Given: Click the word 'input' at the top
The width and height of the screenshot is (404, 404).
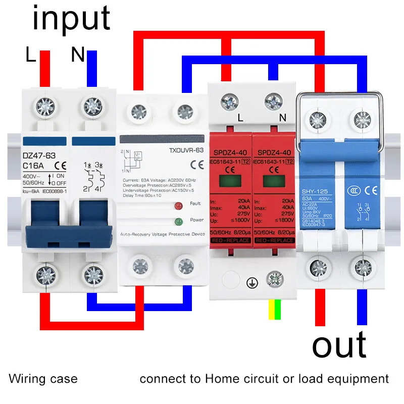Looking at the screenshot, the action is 71,19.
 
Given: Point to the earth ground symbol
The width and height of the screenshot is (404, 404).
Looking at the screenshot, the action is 251,283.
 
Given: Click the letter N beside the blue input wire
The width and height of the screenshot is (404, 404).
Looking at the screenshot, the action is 77,55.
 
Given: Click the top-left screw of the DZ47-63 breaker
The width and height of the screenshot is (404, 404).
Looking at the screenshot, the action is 45,106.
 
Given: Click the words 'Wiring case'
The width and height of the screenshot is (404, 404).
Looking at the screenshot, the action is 43,379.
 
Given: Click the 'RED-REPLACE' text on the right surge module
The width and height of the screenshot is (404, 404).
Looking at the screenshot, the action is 274,240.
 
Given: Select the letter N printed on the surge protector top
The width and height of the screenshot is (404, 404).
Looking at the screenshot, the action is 282,118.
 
